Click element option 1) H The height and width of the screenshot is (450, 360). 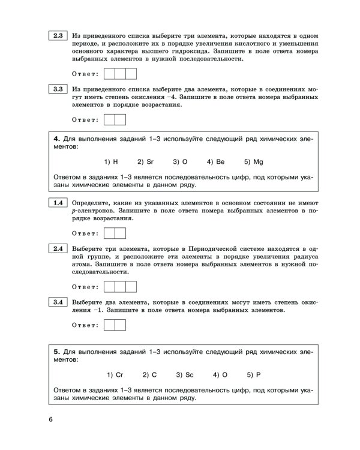[x=110, y=162]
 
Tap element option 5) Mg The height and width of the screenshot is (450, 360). [x=254, y=162]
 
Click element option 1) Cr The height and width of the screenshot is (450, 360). [x=115, y=374]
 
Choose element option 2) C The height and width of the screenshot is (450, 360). [x=150, y=374]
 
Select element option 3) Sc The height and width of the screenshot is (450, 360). [x=184, y=374]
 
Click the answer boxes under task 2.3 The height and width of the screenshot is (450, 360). [x=120, y=74]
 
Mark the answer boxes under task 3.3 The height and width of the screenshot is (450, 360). [x=115, y=119]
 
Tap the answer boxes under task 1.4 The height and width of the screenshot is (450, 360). [x=115, y=233]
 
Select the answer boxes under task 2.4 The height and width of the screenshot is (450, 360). [x=120, y=286]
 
